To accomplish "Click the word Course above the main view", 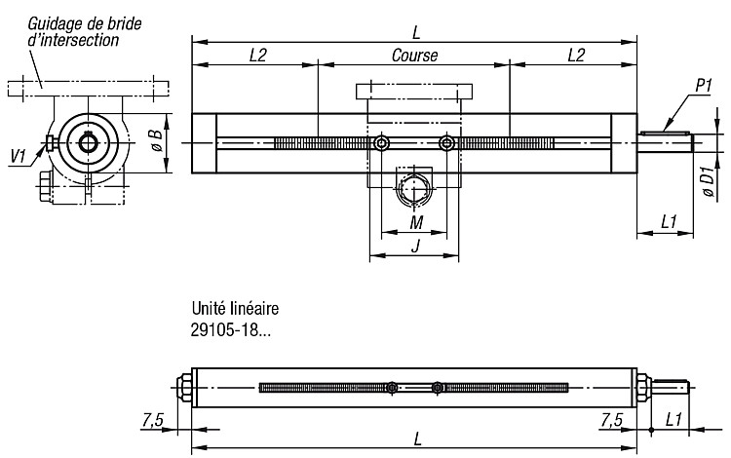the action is (414, 56).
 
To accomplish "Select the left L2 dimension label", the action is (257, 56).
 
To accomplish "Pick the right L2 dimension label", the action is (576, 56).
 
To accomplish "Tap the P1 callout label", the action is (704, 86).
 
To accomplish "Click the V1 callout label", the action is (19, 156).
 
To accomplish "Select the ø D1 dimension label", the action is (709, 181).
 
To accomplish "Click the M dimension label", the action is (416, 223).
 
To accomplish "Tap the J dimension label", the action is (415, 245).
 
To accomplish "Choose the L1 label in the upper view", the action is (669, 222).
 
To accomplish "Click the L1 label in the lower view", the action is (673, 420).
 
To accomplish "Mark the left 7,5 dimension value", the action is (152, 421).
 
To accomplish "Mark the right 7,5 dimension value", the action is (611, 421).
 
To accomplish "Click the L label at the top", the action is (416, 32).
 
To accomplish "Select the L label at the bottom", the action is (417, 439).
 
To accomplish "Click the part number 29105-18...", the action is (230, 330).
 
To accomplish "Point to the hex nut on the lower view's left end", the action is (184, 387).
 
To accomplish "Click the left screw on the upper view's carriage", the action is (382, 143).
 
